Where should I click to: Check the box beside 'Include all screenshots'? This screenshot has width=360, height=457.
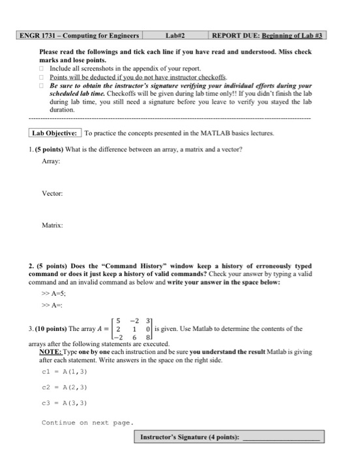(42, 68)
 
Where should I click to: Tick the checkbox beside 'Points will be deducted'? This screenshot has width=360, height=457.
(42, 76)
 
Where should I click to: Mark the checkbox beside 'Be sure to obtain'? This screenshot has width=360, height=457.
(42, 85)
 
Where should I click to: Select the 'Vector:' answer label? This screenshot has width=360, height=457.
(52, 194)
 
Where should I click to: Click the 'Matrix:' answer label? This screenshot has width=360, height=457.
(52, 226)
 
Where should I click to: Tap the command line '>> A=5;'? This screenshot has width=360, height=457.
(55, 293)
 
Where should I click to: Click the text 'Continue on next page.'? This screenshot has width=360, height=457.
(87, 422)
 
